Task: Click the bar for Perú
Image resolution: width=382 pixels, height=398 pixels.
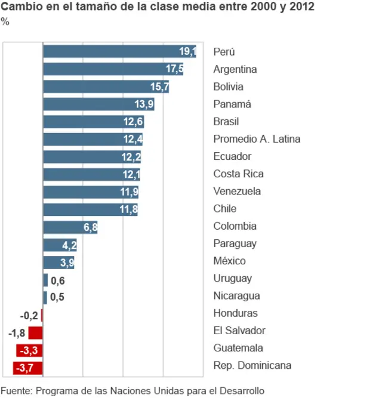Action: click(119, 52)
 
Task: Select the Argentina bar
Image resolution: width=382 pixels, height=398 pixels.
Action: click(113, 69)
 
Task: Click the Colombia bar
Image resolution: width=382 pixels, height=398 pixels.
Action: click(70, 227)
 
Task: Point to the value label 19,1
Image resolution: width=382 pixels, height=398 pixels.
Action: click(187, 52)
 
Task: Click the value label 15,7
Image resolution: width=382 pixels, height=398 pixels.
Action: click(160, 87)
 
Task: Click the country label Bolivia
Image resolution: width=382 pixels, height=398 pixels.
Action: click(228, 87)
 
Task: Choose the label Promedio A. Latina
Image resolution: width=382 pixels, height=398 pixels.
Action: click(257, 139)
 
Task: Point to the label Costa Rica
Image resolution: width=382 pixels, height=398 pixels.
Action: click(238, 174)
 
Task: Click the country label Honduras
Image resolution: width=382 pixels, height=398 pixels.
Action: click(235, 313)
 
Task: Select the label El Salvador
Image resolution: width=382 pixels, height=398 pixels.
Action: click(239, 331)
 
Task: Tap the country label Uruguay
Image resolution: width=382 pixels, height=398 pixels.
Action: click(232, 279)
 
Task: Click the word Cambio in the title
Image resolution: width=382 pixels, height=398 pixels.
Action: click(21, 8)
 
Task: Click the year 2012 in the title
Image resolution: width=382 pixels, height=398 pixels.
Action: click(302, 8)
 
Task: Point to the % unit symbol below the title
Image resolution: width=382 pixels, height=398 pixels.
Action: click(5, 22)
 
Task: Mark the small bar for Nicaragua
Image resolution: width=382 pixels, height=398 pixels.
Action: click(45, 297)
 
